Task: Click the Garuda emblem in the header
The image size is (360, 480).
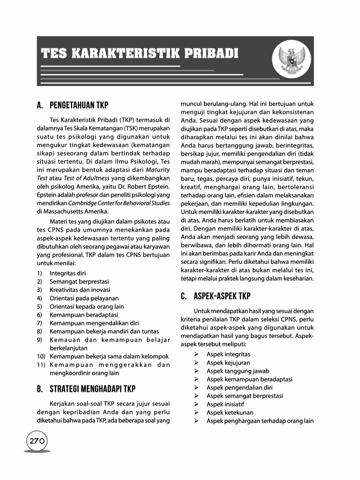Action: (x=290, y=60)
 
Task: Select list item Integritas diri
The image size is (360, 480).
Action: (x=67, y=273)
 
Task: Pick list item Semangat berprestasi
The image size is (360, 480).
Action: (x=79, y=281)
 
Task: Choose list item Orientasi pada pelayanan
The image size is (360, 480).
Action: (x=84, y=298)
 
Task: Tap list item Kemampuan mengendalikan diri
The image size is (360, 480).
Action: (x=94, y=323)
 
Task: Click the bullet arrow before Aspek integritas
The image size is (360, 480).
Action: (x=197, y=354)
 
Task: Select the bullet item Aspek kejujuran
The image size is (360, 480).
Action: (x=228, y=363)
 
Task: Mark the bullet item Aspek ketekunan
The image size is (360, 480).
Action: (x=230, y=413)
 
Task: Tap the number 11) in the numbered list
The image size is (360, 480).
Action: (x=41, y=365)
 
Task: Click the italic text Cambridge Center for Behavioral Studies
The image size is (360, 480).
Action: (x=119, y=203)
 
